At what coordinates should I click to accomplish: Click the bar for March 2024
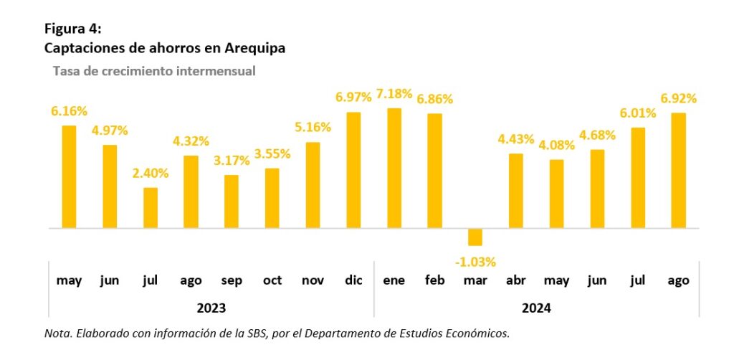click(x=475, y=237)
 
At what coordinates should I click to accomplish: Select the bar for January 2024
click(x=394, y=168)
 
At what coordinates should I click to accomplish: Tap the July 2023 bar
click(x=151, y=208)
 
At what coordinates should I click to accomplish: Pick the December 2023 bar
click(x=353, y=170)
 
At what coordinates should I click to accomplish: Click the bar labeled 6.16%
click(x=69, y=176)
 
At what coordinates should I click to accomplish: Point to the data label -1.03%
click(x=475, y=261)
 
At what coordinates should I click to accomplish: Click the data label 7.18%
click(x=394, y=94)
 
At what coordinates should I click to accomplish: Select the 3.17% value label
click(x=232, y=161)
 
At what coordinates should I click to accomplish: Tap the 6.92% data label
click(x=678, y=98)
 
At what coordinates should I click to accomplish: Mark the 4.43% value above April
click(x=516, y=138)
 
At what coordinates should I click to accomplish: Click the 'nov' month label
click(x=313, y=280)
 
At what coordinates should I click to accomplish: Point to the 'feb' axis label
click(x=434, y=280)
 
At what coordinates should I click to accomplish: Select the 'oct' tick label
click(x=272, y=280)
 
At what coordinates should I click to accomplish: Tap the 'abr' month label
click(x=516, y=281)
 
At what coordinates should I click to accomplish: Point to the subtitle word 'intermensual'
click(x=219, y=71)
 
